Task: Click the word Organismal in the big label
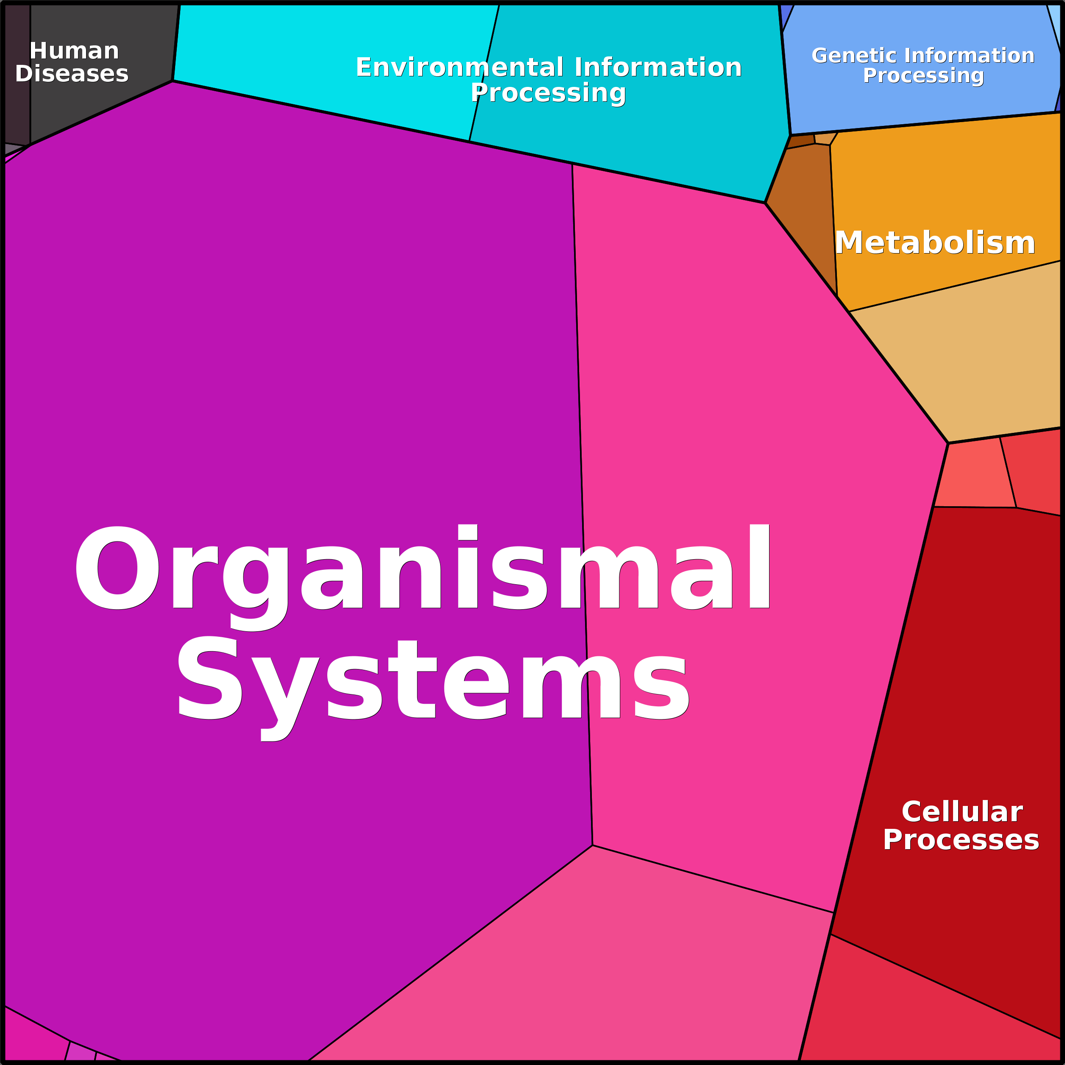click(422, 568)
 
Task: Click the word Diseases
click(72, 74)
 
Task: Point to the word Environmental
click(460, 67)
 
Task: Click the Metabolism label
click(935, 243)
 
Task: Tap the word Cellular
click(962, 812)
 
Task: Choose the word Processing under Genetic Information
click(923, 75)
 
